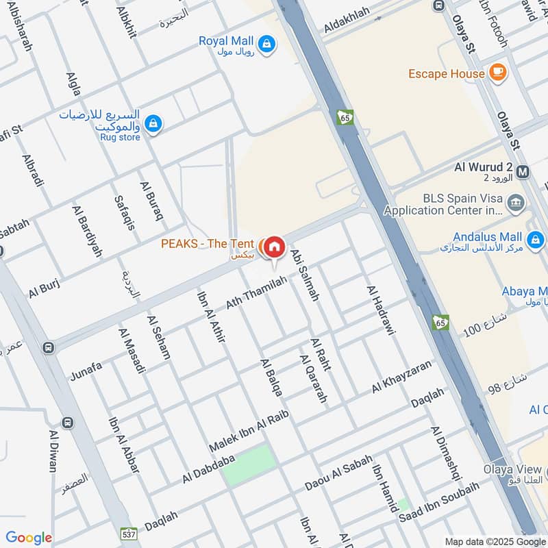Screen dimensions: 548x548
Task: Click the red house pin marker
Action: point(274,247)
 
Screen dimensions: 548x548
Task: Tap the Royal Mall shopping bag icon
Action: point(268,45)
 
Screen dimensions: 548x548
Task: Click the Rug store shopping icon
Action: point(153,123)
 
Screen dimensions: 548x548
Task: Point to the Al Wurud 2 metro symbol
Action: point(524,171)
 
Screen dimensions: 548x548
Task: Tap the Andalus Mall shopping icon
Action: point(536,240)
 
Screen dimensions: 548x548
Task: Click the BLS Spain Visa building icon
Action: point(517,202)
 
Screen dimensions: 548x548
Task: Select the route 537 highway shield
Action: point(131,532)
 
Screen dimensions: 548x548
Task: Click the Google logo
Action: point(29,538)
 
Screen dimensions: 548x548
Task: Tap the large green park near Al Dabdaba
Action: point(249,465)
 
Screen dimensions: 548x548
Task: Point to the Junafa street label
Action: point(86,371)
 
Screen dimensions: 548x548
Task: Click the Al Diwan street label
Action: point(53,451)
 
